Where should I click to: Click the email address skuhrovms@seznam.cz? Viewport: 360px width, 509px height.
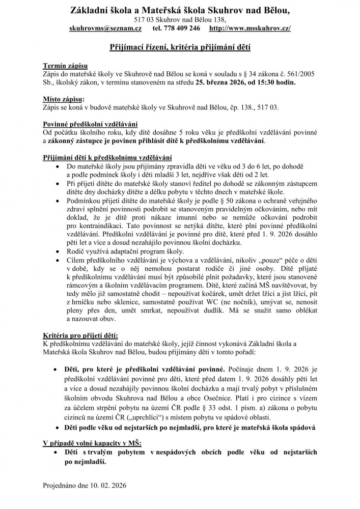105,29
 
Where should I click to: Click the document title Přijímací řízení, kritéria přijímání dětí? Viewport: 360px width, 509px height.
180,47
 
